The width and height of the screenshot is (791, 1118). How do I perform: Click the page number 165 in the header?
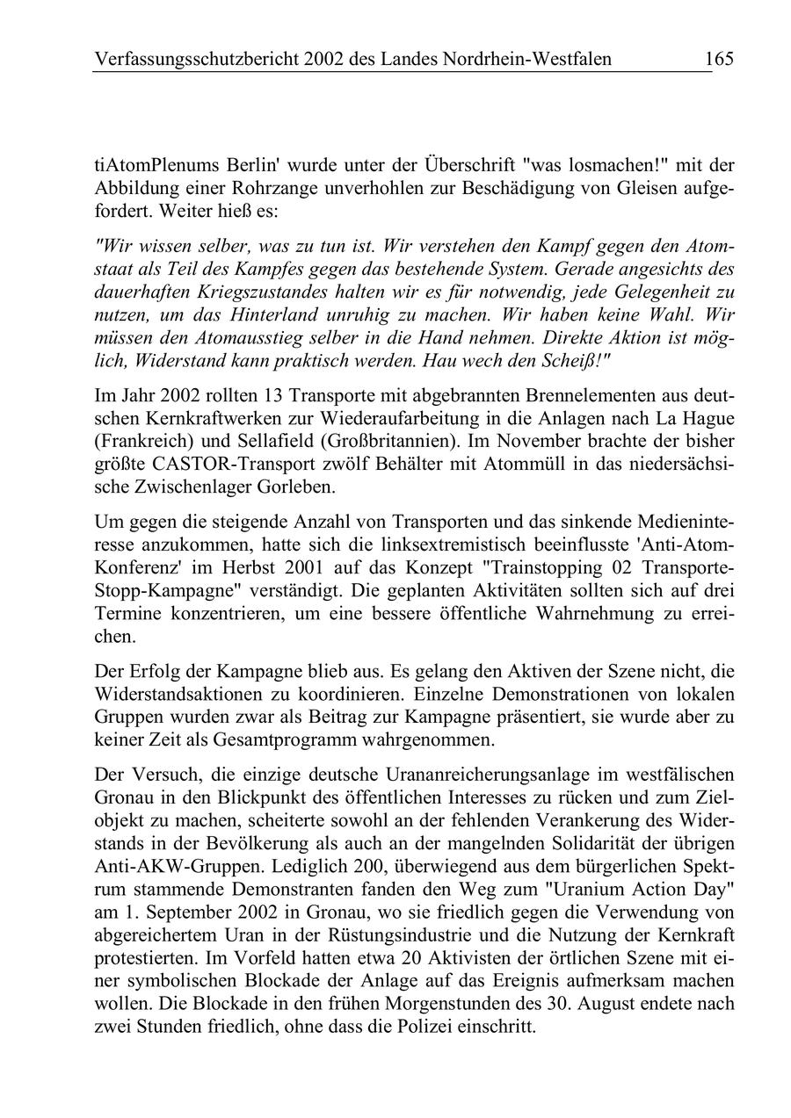(718, 59)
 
